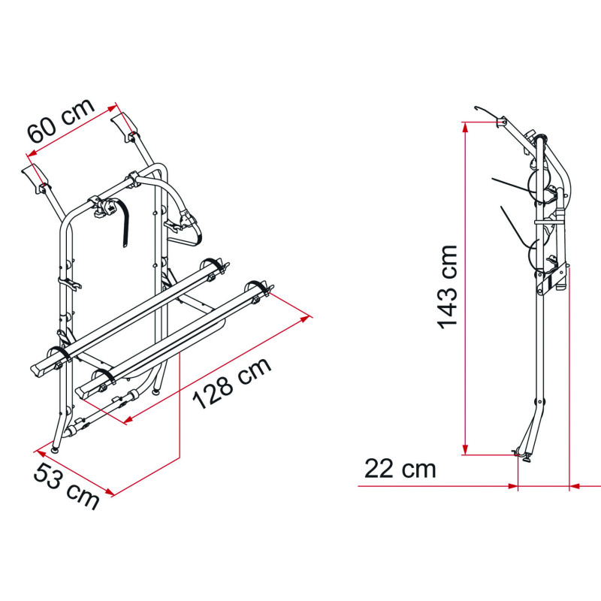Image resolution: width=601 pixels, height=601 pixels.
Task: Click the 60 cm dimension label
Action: click(x=60, y=120)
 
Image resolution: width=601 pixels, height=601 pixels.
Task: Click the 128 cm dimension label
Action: click(x=232, y=383)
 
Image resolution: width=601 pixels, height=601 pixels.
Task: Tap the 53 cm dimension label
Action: click(x=66, y=486)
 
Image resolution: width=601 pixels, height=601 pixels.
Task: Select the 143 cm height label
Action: click(x=447, y=287)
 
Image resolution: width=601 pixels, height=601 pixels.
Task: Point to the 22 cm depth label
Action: click(x=400, y=469)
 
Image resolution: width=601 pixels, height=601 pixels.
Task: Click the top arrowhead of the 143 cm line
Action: click(x=465, y=127)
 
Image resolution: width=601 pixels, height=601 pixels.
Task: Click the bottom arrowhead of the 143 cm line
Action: click(x=465, y=450)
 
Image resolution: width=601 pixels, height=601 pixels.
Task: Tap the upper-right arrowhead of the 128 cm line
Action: click(x=306, y=319)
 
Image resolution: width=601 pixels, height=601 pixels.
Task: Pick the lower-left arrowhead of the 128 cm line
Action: click(x=128, y=420)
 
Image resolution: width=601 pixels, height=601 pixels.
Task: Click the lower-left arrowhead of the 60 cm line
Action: click(x=32, y=153)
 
